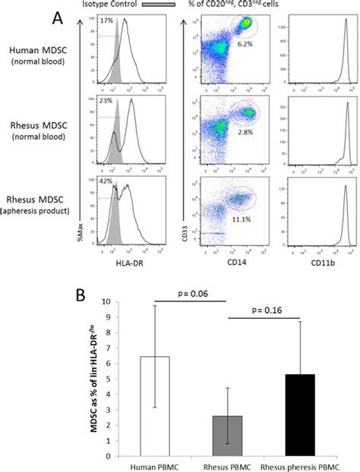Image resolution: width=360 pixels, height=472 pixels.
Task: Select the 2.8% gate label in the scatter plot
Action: point(243,132)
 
